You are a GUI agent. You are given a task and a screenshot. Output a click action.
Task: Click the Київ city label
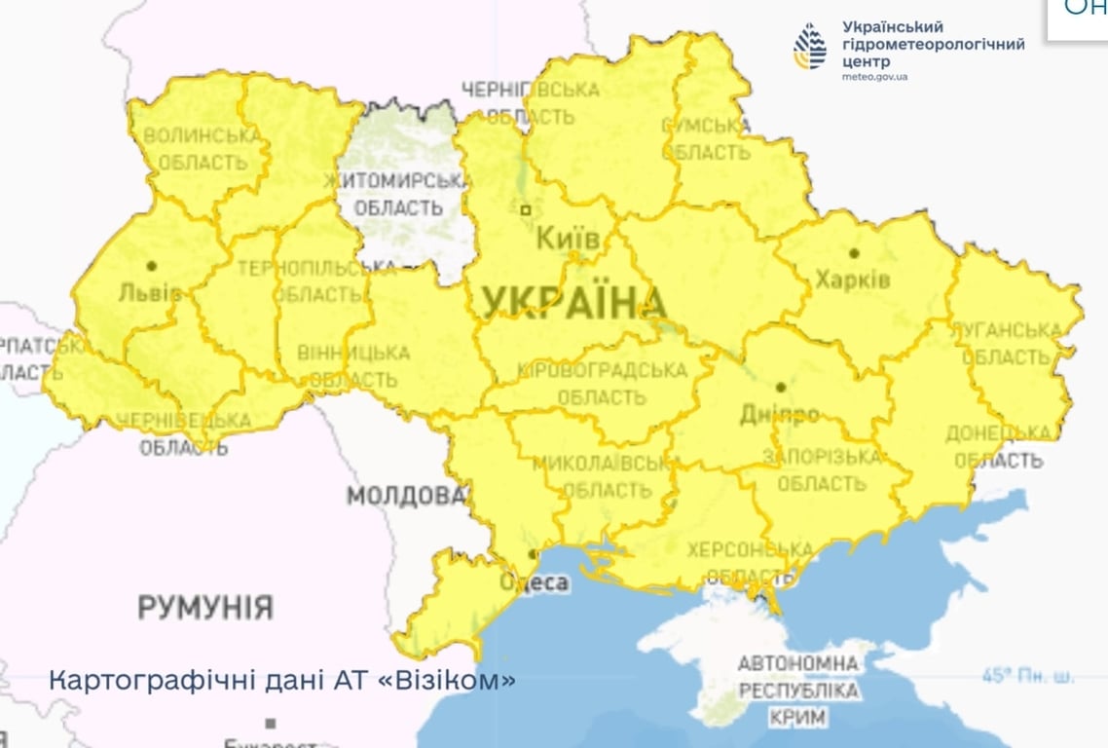pyautogui.click(x=568, y=238)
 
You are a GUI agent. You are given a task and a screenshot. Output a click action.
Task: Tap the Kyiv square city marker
pyautogui.click(x=526, y=208)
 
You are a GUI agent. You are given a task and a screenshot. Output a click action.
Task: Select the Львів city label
pyautogui.click(x=149, y=291)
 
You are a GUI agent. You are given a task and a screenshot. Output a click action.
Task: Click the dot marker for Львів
pyautogui.click(x=151, y=265)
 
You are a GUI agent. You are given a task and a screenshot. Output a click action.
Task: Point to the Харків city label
pyautogui.click(x=853, y=280)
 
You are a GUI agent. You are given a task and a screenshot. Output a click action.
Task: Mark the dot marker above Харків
pyautogui.click(x=854, y=253)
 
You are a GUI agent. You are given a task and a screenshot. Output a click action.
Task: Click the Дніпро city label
pyautogui.click(x=779, y=414)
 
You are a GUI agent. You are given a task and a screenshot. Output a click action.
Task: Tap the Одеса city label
pyautogui.click(x=533, y=581)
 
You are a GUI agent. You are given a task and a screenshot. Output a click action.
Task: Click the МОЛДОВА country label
pyautogui.click(x=407, y=496)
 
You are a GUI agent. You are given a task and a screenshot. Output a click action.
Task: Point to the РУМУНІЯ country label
pyautogui.click(x=204, y=608)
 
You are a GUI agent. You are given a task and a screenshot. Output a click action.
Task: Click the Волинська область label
pyautogui.click(x=202, y=149)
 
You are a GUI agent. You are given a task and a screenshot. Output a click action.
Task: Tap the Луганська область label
pyautogui.click(x=1012, y=344)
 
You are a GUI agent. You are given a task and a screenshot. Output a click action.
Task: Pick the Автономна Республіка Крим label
pyautogui.click(x=798, y=691)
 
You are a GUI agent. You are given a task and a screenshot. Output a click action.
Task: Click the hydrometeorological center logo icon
pyautogui.click(x=809, y=47)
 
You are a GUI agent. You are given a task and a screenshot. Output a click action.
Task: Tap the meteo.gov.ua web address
pyautogui.click(x=874, y=76)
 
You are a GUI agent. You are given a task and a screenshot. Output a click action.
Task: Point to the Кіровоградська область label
pyautogui.click(x=602, y=384)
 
